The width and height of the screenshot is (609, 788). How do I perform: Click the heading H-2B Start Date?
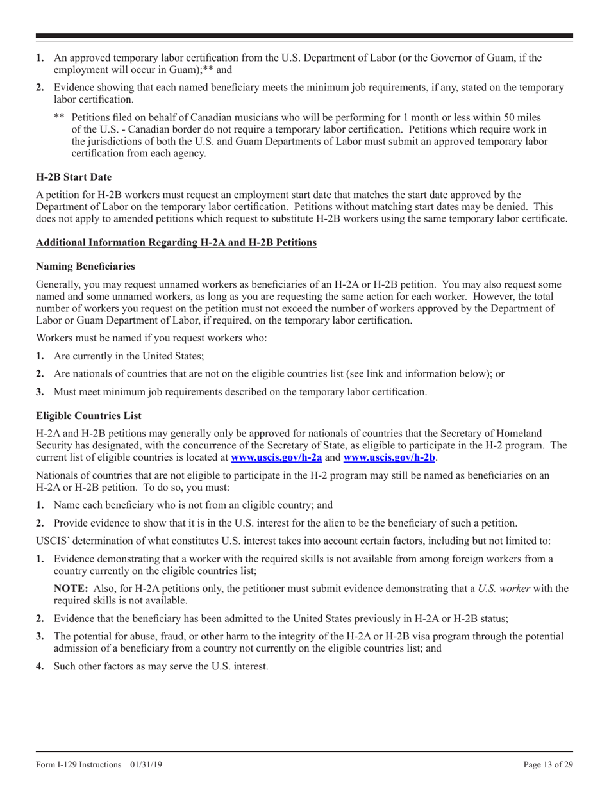(x=74, y=176)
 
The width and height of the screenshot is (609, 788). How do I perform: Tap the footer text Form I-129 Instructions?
(x=79, y=764)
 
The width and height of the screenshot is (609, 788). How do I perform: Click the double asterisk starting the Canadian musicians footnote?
(x=59, y=118)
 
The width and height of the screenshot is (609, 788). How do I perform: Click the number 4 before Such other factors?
(x=40, y=666)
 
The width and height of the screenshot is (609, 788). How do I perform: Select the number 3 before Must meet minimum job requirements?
(x=40, y=392)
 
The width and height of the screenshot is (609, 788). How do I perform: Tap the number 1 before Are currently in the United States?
(x=40, y=356)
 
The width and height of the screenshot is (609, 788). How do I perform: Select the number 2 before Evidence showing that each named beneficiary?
(x=40, y=88)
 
